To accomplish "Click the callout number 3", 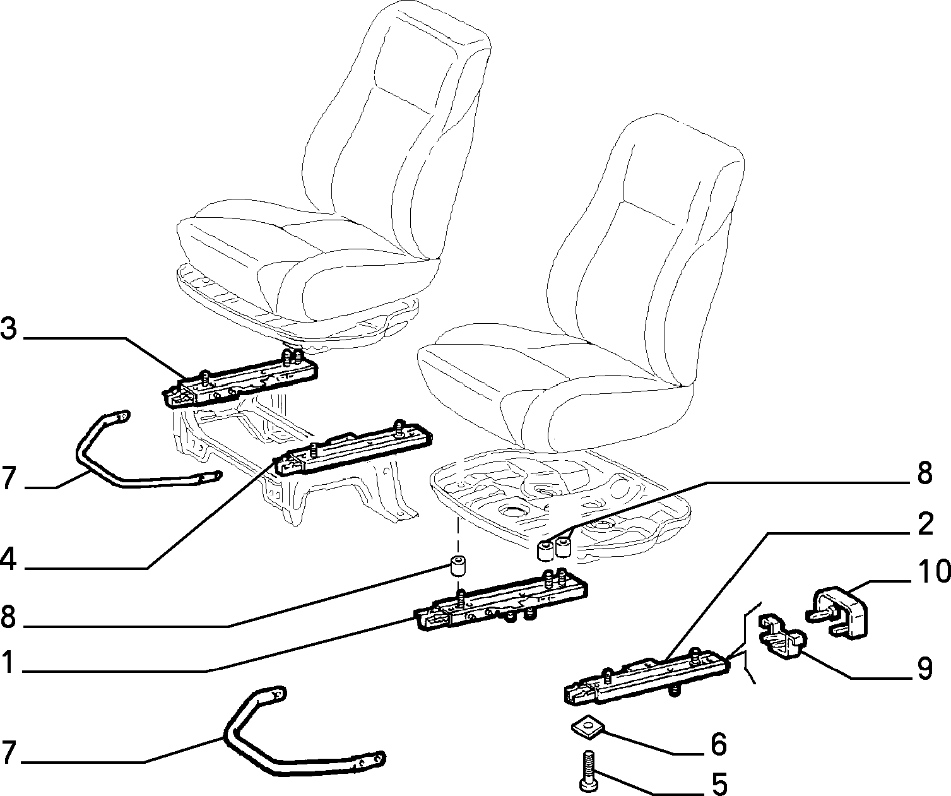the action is (x=9, y=329).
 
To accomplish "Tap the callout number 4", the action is (x=9, y=559).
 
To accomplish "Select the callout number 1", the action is (x=8, y=662).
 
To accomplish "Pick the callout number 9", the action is (x=924, y=669).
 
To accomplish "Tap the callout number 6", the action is (x=718, y=744).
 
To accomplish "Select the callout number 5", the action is (x=718, y=784).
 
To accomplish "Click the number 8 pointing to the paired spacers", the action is (x=924, y=472).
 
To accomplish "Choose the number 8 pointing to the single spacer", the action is (x=8, y=617).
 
